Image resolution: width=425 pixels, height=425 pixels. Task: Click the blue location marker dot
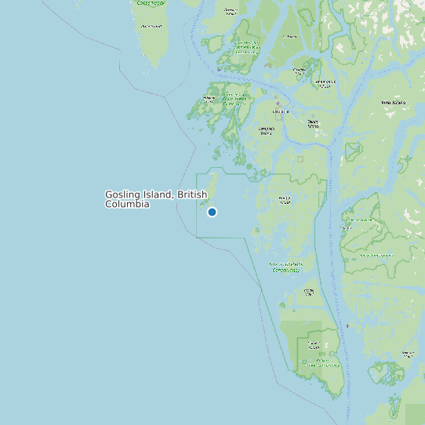[212, 212]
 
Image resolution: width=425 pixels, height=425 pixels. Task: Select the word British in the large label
[192, 194]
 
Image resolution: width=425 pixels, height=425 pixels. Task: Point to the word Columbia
[126, 204]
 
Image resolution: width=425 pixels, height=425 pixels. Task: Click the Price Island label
[151, 26]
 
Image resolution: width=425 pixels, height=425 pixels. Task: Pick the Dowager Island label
[231, 11]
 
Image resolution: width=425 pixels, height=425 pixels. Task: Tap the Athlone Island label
[209, 99]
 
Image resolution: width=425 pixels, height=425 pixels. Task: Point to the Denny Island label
[314, 122]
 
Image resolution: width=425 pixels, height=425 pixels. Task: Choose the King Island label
[394, 103]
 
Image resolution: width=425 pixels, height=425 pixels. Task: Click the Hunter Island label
[285, 199]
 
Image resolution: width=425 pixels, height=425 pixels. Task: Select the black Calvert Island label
[314, 343]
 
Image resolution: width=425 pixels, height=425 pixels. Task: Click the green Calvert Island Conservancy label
[322, 364]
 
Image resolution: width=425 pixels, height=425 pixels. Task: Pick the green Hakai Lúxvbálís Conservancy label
[286, 267]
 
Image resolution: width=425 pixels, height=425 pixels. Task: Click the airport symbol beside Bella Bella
[277, 103]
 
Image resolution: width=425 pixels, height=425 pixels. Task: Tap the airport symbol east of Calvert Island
[347, 325]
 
